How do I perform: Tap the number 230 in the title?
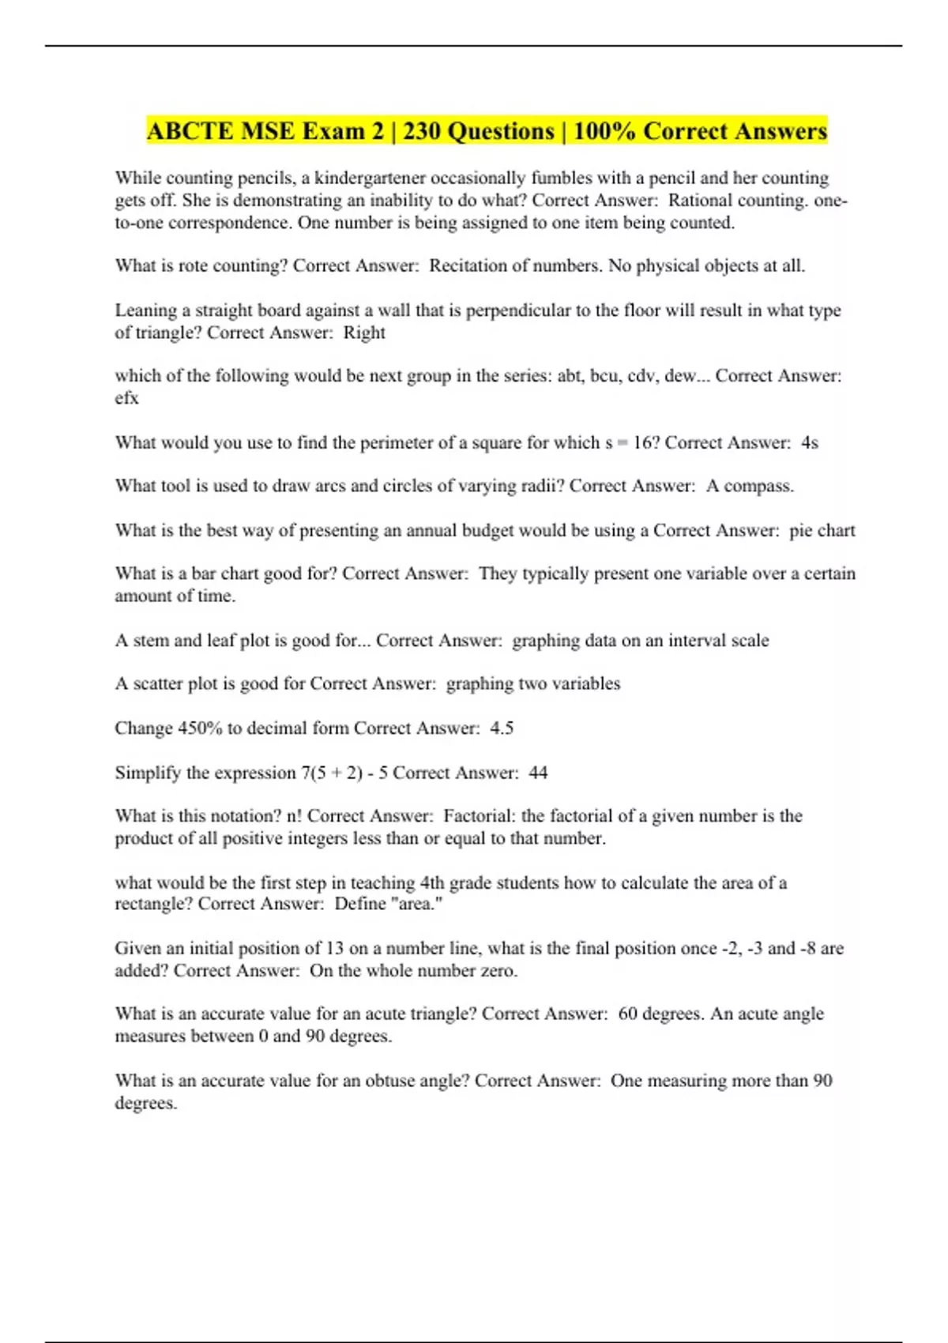(422, 131)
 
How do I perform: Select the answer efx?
(126, 398)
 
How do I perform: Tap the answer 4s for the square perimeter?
(809, 442)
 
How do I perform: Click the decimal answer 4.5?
(502, 728)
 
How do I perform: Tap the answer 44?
(538, 773)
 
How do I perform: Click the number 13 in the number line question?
(334, 948)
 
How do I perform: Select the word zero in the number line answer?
(498, 971)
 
